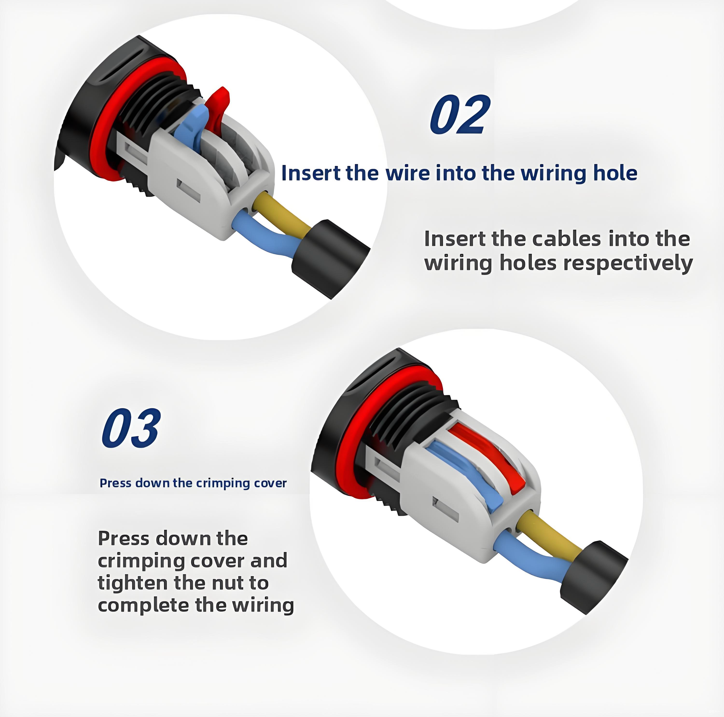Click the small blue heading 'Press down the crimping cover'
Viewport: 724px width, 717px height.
[x=193, y=483]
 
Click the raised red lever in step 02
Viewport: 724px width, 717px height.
[x=218, y=109]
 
